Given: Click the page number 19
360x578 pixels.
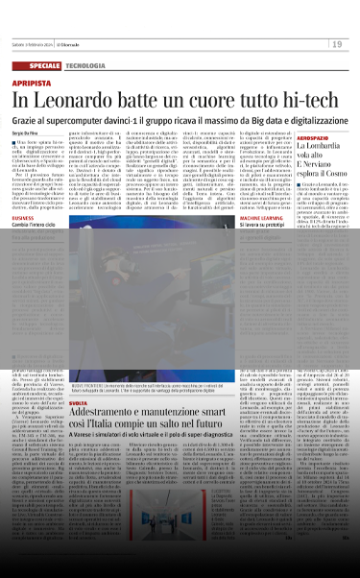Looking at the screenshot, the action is click(x=339, y=44).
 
